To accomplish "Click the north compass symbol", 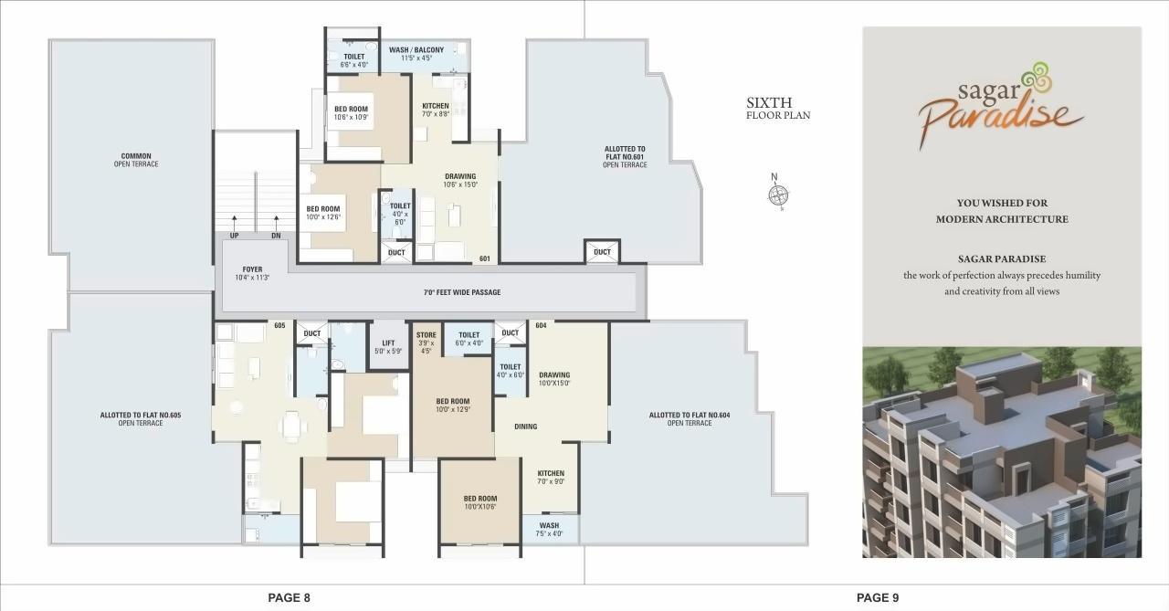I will [x=778, y=194].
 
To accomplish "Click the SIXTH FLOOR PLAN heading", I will [x=777, y=109].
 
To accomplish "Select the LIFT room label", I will [x=388, y=346].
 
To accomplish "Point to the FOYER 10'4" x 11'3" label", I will [x=252, y=273].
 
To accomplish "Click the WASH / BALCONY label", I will [x=416, y=54].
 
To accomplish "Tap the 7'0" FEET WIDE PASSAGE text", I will [x=461, y=292].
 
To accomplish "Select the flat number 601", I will [x=485, y=258].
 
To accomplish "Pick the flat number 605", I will [x=279, y=325].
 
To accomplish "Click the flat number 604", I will [x=541, y=325].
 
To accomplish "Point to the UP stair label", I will [x=235, y=236].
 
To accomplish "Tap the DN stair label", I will [x=276, y=236].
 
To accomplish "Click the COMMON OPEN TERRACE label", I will [x=136, y=160].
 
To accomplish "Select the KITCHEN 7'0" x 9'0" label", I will [x=551, y=477].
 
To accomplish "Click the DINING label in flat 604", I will [x=525, y=427].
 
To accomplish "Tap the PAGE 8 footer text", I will [x=289, y=597].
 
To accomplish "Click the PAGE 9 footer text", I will [x=878, y=597].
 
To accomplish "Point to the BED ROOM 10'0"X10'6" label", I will [x=479, y=502].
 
